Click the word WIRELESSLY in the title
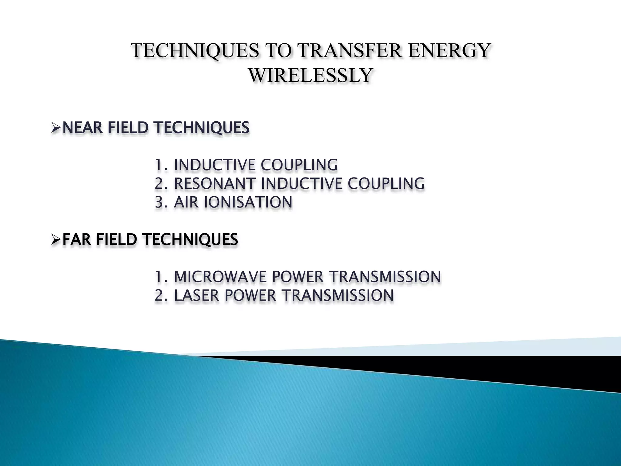coord(310,75)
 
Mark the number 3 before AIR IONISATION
coord(159,202)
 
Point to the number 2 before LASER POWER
coord(159,295)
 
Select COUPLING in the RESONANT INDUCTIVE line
coord(386,184)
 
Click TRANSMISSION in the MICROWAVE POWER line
coord(385,277)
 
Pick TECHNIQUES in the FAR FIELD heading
coord(190,240)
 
